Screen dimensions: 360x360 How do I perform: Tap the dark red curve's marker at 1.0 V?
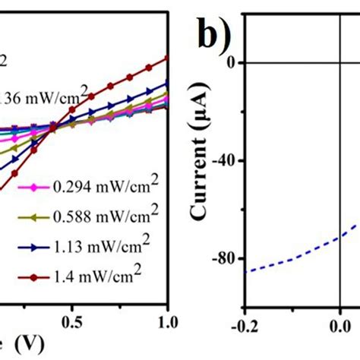click(x=166, y=58)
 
